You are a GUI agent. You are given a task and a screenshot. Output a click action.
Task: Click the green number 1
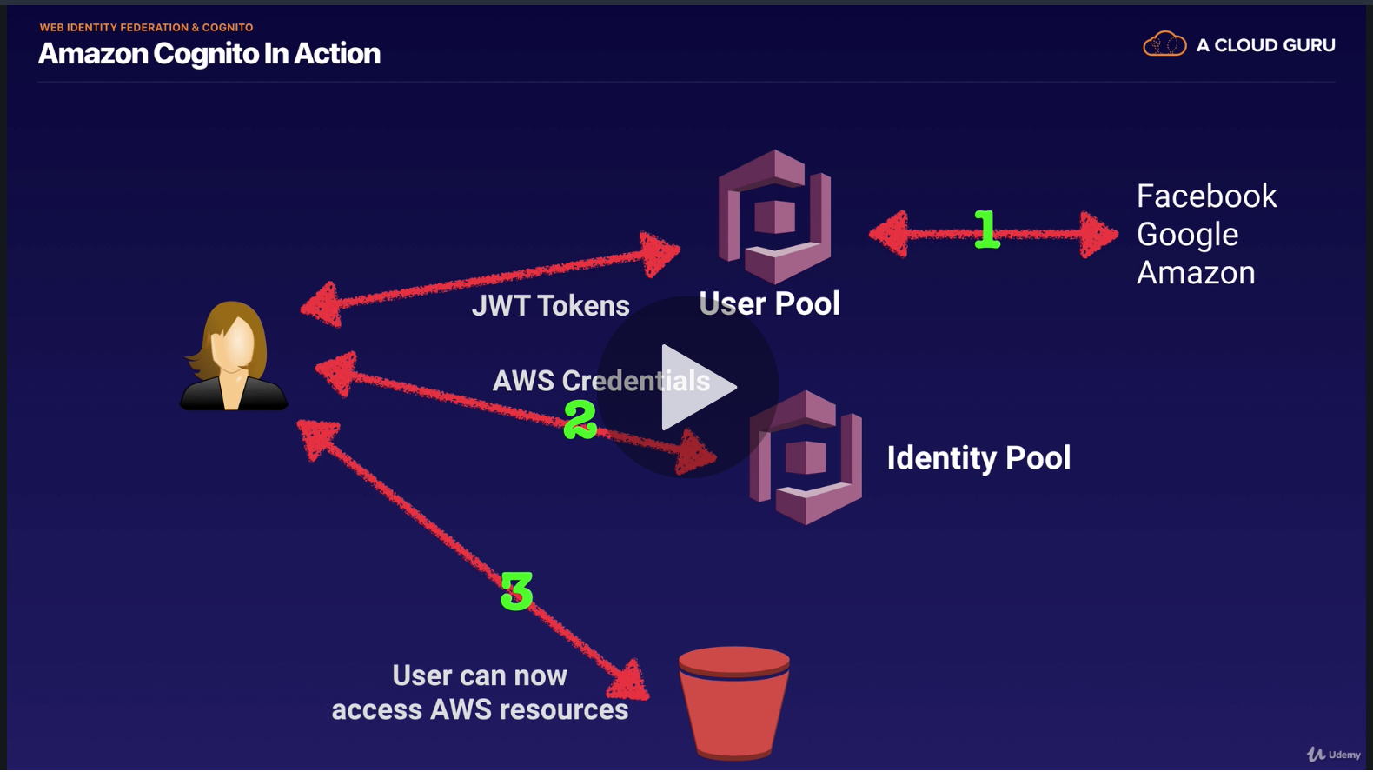(x=985, y=230)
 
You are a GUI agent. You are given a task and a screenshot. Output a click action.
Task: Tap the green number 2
(x=580, y=419)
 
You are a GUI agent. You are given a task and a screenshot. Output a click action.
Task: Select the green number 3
(x=516, y=591)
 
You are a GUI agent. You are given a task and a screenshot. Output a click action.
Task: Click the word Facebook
(x=1206, y=196)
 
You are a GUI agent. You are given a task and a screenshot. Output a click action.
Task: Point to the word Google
(x=1186, y=235)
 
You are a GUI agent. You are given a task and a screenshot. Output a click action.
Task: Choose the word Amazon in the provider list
(x=1196, y=273)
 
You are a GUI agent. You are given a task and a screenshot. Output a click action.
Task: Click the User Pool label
(x=769, y=303)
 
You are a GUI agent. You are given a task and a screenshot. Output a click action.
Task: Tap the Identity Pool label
(x=978, y=458)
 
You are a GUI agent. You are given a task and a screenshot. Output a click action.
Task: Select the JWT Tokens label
(x=550, y=306)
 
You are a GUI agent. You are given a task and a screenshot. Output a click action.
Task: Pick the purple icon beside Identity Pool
(x=806, y=457)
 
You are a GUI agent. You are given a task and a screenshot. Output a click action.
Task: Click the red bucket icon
(x=733, y=702)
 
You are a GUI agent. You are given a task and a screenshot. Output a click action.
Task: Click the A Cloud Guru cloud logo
(x=1164, y=44)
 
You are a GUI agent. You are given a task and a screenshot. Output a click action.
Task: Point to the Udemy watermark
(x=1334, y=755)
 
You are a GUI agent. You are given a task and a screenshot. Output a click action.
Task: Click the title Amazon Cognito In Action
(x=209, y=54)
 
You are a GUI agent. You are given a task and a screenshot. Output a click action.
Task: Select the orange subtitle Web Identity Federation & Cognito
(x=146, y=28)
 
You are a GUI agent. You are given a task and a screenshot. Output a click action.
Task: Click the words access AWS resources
(x=480, y=709)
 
